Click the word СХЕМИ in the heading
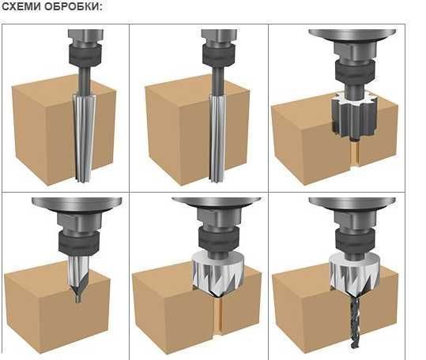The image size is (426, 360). pyautogui.click(x=21, y=6)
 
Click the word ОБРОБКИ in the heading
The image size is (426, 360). pyautogui.click(x=74, y=6)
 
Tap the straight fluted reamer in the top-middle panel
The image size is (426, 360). pyautogui.click(x=217, y=138)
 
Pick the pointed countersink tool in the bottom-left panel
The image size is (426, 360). pyautogui.click(x=78, y=278)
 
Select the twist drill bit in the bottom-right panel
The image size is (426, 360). pyautogui.click(x=354, y=321)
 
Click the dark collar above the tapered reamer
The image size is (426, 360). pyautogui.click(x=85, y=54)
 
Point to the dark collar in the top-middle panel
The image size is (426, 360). pyautogui.click(x=219, y=54)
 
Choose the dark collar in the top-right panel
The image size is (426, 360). pyautogui.click(x=355, y=71)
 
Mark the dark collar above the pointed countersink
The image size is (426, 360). pyautogui.click(x=78, y=243)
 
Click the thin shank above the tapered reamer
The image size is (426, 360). pyautogui.click(x=85, y=80)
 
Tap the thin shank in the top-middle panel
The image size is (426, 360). pyautogui.click(x=218, y=81)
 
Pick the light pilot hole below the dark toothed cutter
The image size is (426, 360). pyautogui.click(x=354, y=153)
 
